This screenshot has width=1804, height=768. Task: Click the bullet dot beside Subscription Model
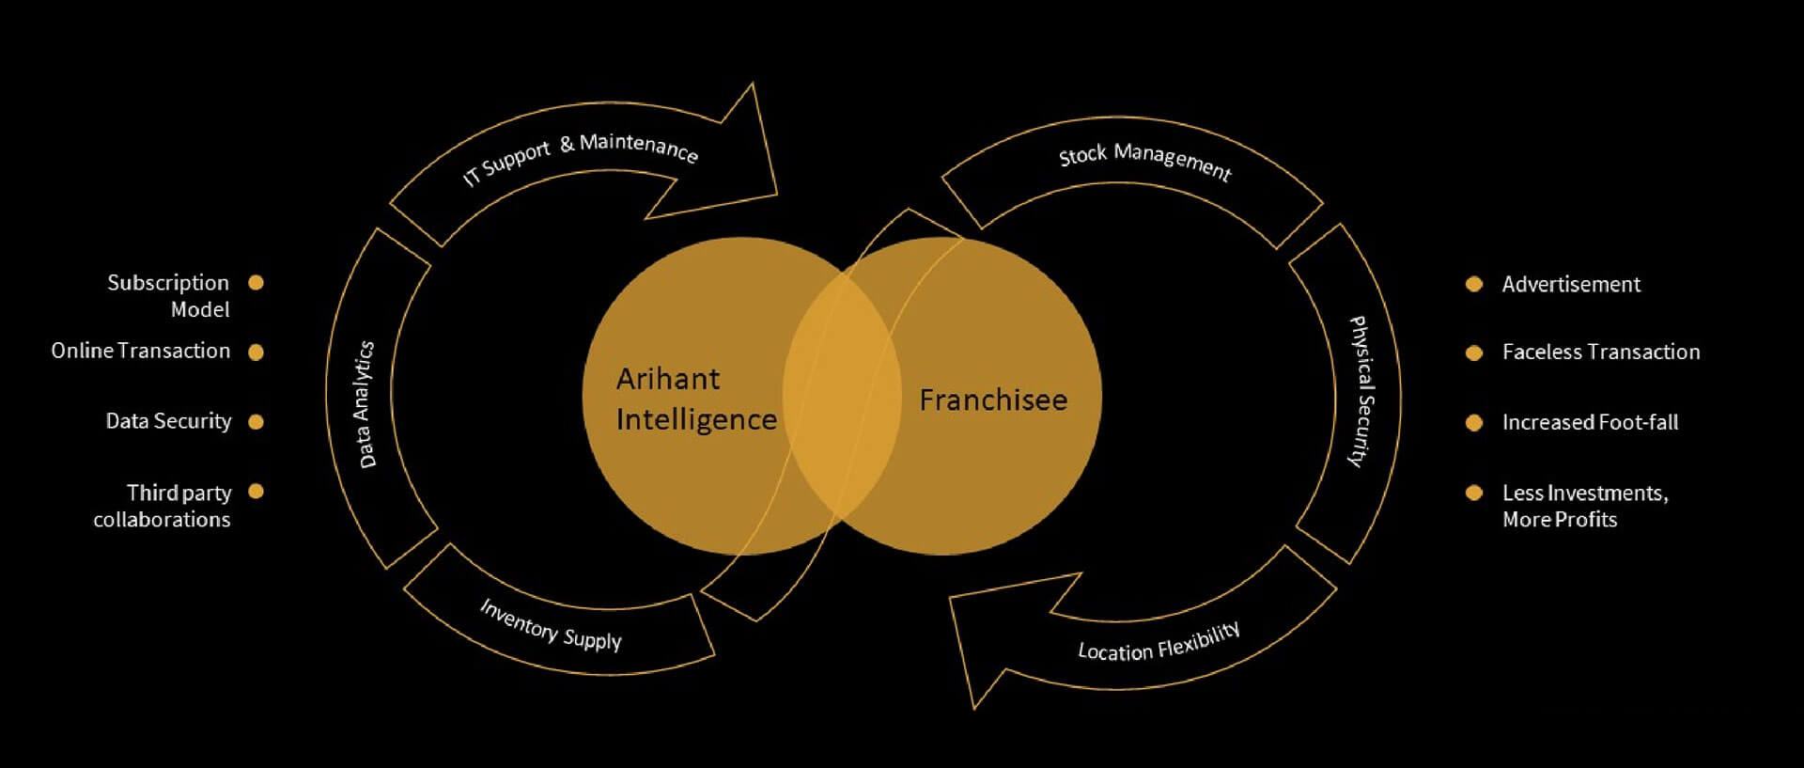point(256,282)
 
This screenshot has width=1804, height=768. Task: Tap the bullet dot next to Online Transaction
point(256,352)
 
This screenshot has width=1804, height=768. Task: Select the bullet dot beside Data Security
point(256,422)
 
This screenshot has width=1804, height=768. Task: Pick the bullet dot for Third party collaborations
point(256,491)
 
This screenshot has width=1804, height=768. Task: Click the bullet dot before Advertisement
point(1474,284)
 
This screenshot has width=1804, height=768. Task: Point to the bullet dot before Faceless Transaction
point(1474,353)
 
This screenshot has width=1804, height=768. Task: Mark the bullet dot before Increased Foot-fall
point(1474,423)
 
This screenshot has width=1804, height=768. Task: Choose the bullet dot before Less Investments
point(1474,493)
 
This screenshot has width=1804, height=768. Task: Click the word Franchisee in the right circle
point(993,400)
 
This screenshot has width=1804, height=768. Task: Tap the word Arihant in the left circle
point(668,379)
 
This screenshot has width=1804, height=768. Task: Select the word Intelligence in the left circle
point(696,419)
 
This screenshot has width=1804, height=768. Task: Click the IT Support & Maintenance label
point(581,157)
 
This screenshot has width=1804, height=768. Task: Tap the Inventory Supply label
point(551,624)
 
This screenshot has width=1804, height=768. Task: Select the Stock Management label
point(1144,161)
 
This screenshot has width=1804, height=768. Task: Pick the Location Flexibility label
point(1159,642)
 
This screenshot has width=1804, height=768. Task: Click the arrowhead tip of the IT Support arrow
point(777,195)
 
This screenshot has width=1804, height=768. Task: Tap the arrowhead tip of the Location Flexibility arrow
point(950,598)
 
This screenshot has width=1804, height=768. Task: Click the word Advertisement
point(1571,284)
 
